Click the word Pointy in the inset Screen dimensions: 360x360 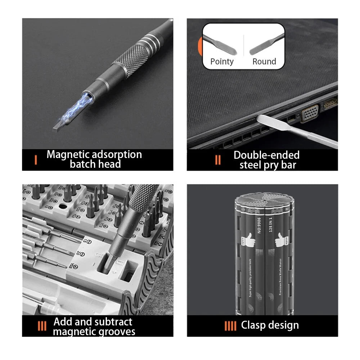tap(222, 62)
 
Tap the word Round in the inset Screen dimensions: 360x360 tap(264, 62)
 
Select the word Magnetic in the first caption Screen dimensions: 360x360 tap(68, 155)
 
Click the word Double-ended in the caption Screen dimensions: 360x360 tap(266, 155)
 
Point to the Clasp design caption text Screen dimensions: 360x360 tap(270, 325)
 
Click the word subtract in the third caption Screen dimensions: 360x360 tap(113, 321)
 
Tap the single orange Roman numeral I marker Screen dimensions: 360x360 tap(36, 159)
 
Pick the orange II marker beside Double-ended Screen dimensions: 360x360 tap(218, 159)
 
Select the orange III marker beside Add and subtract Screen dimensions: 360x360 tap(42, 326)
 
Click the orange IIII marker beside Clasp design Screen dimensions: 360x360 tap(230, 326)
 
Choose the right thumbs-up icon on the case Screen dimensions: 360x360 tap(280, 240)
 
